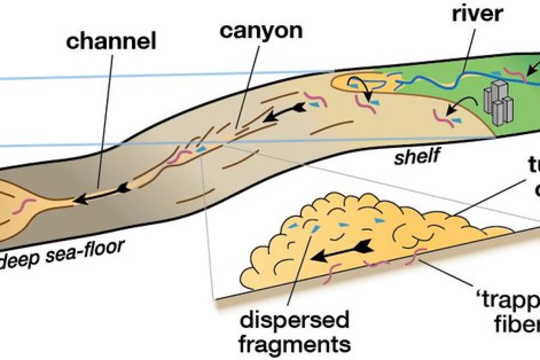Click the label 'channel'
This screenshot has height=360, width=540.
point(111,42)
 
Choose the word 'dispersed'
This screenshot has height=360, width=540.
point(295,321)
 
